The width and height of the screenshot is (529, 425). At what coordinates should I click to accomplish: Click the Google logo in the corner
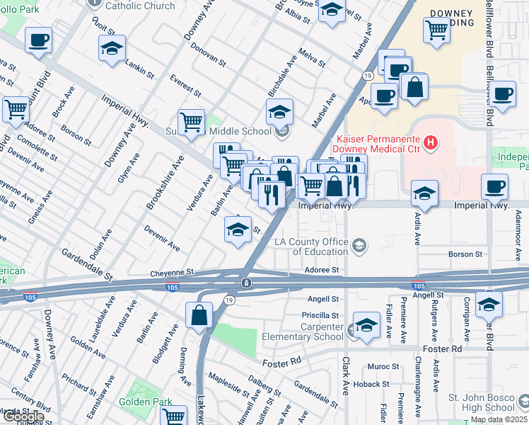(x=23, y=416)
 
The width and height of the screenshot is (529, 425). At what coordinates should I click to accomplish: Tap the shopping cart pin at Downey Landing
(x=437, y=30)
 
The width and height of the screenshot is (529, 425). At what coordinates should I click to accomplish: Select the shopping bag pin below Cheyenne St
(x=199, y=315)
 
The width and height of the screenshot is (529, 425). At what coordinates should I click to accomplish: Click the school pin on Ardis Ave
(x=424, y=193)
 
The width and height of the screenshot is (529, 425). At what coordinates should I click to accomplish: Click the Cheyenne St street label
(x=171, y=273)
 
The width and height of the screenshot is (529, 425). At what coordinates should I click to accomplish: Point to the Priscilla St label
(x=320, y=315)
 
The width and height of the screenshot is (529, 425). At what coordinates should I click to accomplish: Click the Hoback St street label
(x=368, y=385)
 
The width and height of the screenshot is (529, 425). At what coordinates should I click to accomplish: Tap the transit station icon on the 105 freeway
(x=245, y=283)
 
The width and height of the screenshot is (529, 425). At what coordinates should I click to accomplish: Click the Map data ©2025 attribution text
(x=499, y=419)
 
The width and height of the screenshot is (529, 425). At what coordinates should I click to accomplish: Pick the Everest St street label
(x=186, y=88)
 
